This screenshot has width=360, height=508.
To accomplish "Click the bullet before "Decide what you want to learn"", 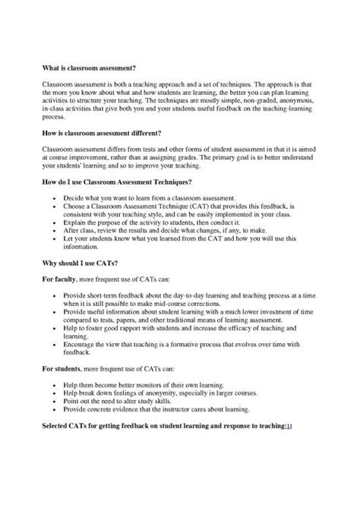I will [55, 197].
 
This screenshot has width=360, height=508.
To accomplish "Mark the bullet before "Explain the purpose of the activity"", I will [55, 223].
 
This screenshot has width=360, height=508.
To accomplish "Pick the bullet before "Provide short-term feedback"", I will [55, 294].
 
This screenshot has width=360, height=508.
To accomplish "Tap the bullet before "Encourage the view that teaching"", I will [55, 364].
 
